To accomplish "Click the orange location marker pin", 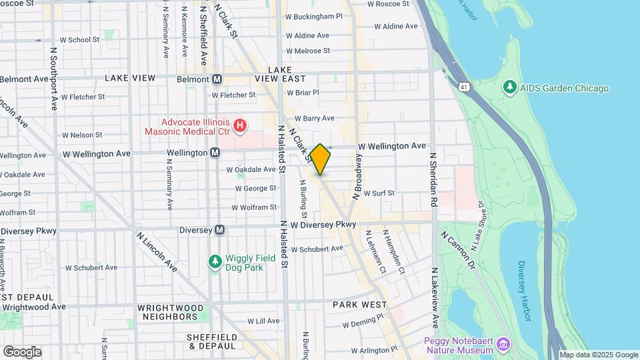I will point(321,159).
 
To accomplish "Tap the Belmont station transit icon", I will point(217,79).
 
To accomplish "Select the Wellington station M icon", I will point(215,153).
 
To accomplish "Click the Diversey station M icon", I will point(219,230).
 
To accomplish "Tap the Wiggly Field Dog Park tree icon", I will point(215,261).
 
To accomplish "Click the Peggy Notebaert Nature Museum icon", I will point(505,345).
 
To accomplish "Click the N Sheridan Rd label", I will point(433,179).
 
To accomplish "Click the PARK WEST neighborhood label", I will point(360,305).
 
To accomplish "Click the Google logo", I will point(22,351).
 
